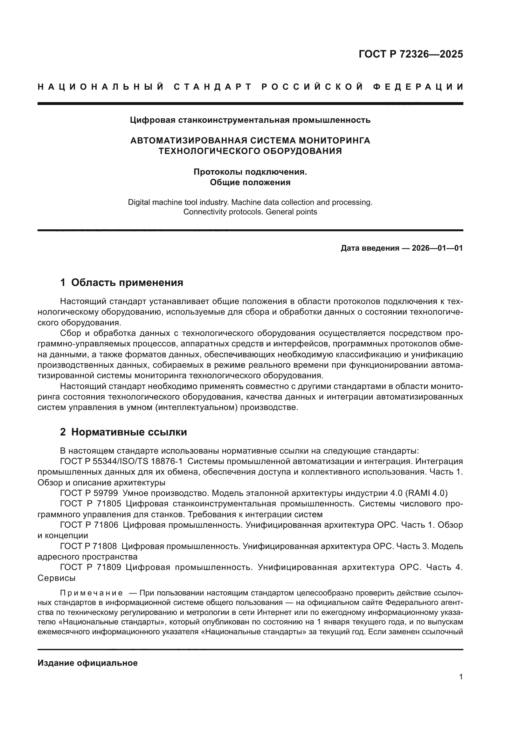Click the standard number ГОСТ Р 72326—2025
411,54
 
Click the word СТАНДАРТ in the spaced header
213,87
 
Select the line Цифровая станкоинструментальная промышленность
250,120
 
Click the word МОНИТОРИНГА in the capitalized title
334,141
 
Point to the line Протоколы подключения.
250,172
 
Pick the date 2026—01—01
437,248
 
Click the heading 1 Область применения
121,282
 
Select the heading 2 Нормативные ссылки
123,432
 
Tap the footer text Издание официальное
87,663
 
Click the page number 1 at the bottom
461,677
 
